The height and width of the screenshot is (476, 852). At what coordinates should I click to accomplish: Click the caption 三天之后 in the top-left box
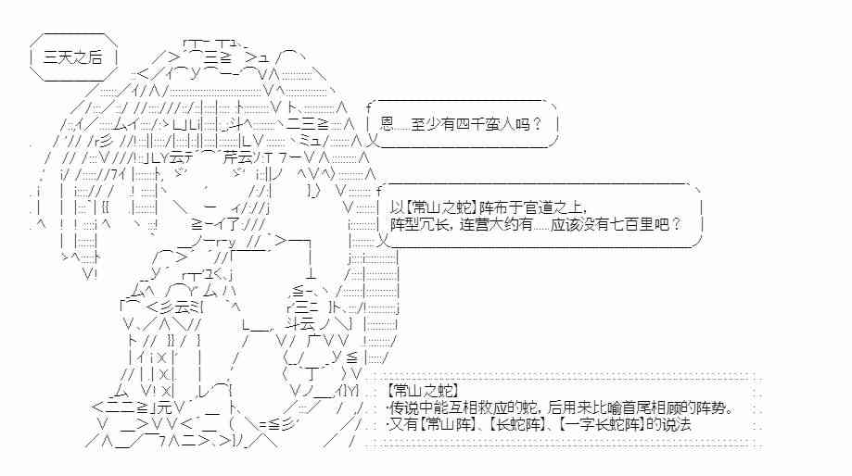[72, 56]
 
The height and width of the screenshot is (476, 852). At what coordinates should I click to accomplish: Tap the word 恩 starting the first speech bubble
[388, 122]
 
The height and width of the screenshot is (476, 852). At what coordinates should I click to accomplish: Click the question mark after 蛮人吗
[538, 122]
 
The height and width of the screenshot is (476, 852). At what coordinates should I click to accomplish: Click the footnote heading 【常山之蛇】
[424, 392]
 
